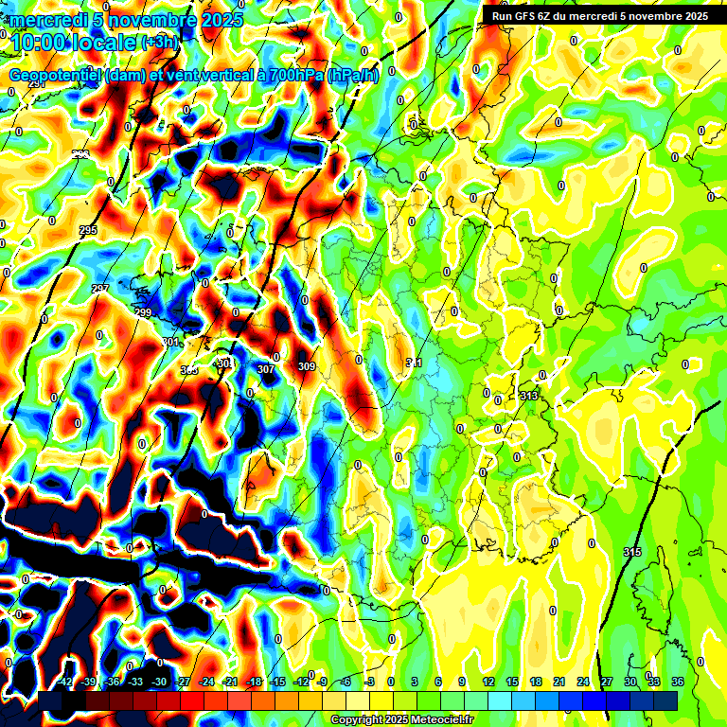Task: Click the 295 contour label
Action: click(x=88, y=231)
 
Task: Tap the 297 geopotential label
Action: click(x=100, y=289)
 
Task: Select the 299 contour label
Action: click(x=143, y=312)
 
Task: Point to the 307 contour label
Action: click(x=265, y=369)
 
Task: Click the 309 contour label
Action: click(x=306, y=366)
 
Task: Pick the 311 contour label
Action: click(x=414, y=363)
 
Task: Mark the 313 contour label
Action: click(x=528, y=396)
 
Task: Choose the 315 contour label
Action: click(x=632, y=551)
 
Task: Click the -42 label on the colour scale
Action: click(x=65, y=682)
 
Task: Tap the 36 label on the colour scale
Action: click(x=677, y=682)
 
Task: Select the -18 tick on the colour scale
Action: click(x=254, y=682)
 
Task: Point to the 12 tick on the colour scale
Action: click(x=488, y=682)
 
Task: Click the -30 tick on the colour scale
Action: click(x=160, y=682)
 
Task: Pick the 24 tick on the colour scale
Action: click(x=582, y=682)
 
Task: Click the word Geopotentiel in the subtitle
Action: click(x=55, y=76)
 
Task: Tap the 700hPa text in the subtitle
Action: click(x=290, y=76)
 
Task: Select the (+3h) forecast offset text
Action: click(x=158, y=43)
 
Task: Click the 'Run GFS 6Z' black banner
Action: click(x=599, y=15)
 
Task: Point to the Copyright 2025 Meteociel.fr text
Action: click(x=401, y=719)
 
